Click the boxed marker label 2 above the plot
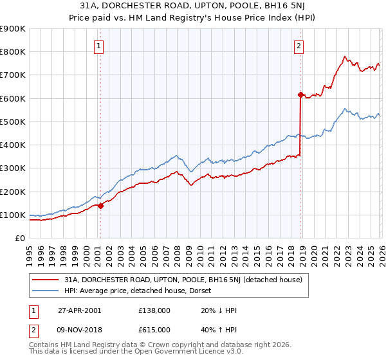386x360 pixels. (300, 46)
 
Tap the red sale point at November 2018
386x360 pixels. (300, 94)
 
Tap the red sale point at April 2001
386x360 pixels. (100, 206)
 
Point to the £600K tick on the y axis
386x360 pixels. (13, 98)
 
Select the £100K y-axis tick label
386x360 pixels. (13, 215)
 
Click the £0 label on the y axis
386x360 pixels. (19, 239)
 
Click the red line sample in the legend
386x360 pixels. (46, 280)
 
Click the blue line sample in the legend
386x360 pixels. (46, 291)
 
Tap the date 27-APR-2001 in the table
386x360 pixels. (78, 310)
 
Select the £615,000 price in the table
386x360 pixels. (154, 329)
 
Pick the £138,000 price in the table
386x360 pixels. (154, 310)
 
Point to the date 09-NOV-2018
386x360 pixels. (78, 329)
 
